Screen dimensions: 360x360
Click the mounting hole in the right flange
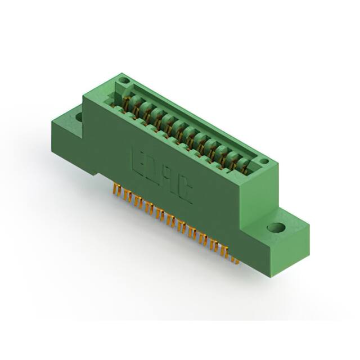coord(276,228)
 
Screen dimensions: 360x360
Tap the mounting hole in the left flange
coord(79,117)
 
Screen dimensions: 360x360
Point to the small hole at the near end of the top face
coord(263,162)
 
